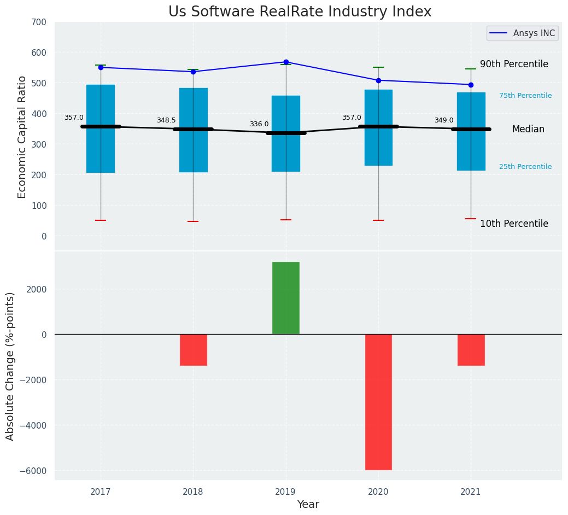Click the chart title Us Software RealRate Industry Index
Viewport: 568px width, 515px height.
300,12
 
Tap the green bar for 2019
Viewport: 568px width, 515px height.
286,298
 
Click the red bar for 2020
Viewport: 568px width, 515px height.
378,402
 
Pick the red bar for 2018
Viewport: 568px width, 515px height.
193,349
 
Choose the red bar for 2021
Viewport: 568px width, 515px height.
471,349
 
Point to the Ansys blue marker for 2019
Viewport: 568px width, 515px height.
286,62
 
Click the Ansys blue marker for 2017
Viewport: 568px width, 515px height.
101,67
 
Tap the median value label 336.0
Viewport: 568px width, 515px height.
259,124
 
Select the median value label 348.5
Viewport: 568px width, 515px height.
166,120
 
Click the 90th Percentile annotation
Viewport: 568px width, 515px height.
514,64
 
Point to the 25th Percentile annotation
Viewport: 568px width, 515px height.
525,167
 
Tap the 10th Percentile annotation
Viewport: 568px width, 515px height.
514,224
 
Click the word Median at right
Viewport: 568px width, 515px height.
528,129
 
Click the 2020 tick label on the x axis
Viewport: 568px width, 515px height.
378,491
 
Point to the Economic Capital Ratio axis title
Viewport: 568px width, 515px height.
22,137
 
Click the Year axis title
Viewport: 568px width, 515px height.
308,505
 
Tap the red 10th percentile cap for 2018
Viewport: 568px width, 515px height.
193,221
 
